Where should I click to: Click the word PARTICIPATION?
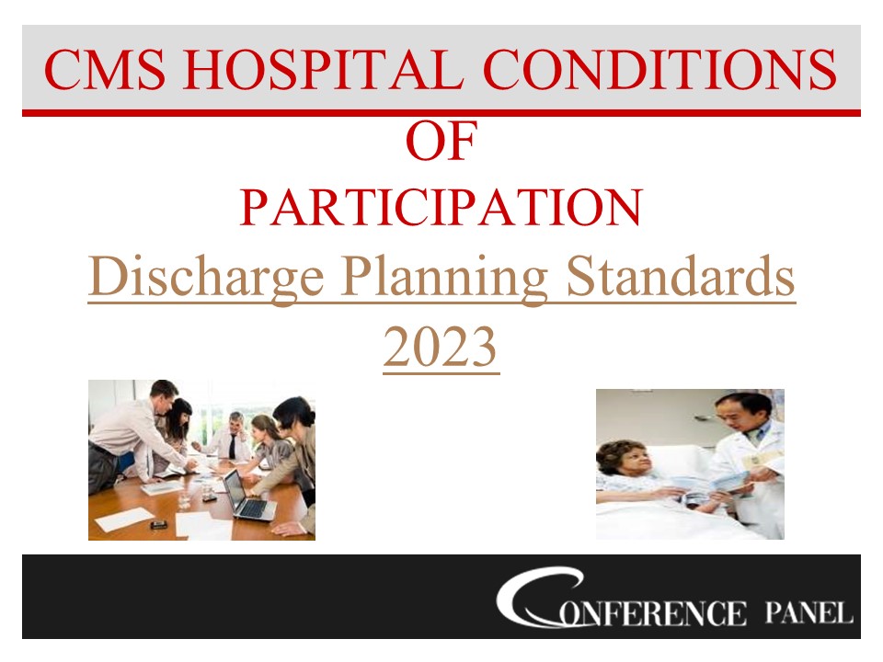coord(441,209)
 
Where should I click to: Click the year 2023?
coord(441,348)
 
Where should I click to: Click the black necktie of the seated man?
coord(232,448)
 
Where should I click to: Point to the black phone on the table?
coord(159,523)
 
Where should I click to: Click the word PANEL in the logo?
coord(808,612)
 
